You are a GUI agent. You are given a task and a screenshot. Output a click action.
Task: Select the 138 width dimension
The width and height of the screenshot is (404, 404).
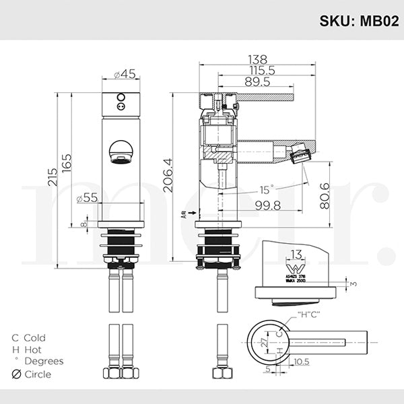(257, 59)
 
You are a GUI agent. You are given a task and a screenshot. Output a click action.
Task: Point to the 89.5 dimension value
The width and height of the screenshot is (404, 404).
(257, 81)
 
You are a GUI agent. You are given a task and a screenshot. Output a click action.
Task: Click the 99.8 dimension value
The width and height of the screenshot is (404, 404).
(268, 204)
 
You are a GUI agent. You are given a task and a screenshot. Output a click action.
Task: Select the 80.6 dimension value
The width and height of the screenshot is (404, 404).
(325, 196)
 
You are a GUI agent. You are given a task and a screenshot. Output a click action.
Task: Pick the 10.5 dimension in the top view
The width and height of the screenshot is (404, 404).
(301, 361)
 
